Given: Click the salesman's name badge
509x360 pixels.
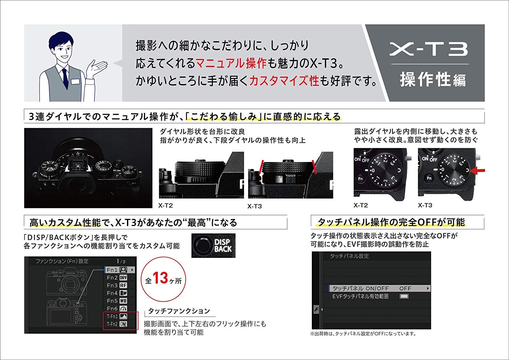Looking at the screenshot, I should pos(77,81).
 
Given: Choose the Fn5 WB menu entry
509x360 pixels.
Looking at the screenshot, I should pos(117,301).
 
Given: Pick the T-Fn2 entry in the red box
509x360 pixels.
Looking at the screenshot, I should pos(117,324).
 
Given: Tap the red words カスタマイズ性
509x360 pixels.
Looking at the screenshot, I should pos(284,81).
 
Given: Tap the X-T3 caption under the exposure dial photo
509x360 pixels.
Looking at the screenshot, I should pos(425,205).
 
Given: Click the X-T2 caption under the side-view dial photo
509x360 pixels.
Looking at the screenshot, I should pos(166,205).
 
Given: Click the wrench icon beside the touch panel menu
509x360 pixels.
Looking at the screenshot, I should pos(315,310).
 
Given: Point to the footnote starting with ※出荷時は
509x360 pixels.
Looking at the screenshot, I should pos(362,334).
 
